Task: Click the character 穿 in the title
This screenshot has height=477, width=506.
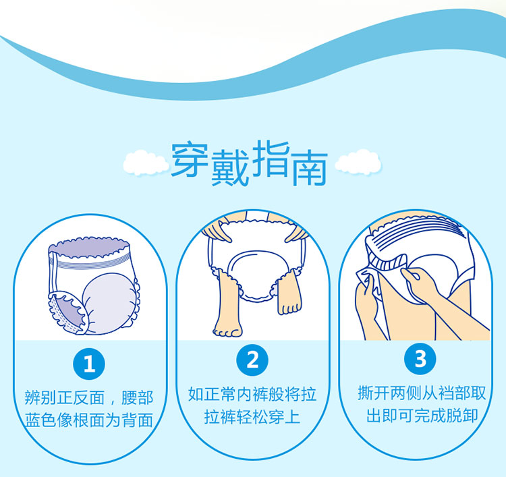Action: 189,159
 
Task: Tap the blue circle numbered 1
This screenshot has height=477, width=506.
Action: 89,364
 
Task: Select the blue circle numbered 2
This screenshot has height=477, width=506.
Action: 252,360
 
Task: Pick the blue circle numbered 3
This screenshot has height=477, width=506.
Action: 420,358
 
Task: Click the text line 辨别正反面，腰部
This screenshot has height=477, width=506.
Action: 89,397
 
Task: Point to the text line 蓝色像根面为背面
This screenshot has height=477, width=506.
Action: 89,420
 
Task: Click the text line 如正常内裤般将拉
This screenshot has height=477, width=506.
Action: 252,394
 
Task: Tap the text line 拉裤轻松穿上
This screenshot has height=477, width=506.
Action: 252,417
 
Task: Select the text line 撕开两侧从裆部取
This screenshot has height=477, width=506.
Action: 422,393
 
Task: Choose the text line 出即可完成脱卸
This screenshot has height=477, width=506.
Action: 422,416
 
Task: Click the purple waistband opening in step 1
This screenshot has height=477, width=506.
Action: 89,248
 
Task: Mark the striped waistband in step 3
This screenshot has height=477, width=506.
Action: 416,232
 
